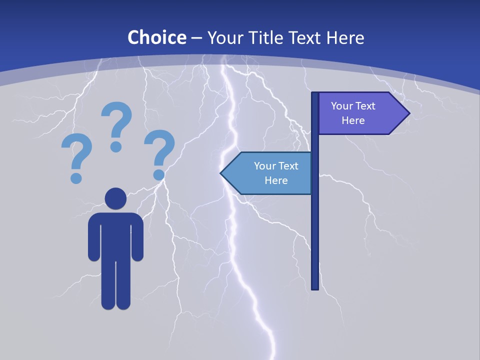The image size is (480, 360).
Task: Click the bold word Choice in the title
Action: click(x=156, y=37)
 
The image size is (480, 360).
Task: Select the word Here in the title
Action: click(x=345, y=37)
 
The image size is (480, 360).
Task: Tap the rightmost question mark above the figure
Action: click(x=159, y=153)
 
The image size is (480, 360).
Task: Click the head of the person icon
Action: click(x=115, y=198)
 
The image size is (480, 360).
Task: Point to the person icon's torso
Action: click(x=115, y=235)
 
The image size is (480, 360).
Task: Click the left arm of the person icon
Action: click(x=93, y=237)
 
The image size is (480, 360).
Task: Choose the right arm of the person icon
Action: click(x=137, y=237)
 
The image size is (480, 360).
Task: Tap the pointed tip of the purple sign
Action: click(x=408, y=113)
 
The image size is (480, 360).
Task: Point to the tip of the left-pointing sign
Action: click(x=221, y=173)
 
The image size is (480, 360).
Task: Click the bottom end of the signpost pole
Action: click(x=315, y=287)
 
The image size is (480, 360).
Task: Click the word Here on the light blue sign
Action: click(x=276, y=180)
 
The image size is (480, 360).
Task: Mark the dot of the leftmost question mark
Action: click(x=76, y=177)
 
